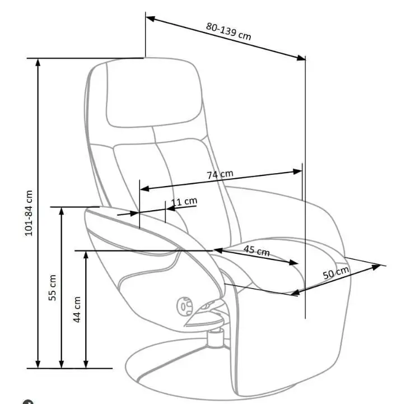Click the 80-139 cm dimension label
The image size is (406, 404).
coord(228,30)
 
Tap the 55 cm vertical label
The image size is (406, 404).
coord(53,287)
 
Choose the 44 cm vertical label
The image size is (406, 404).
coord(77,309)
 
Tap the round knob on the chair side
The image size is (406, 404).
coord(185,306)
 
